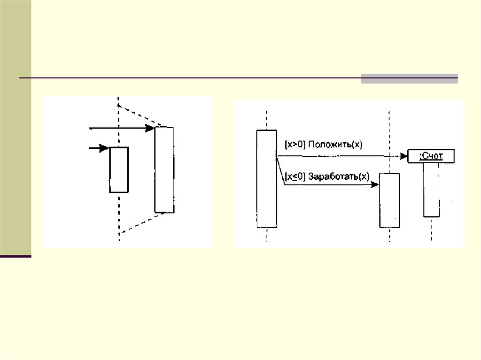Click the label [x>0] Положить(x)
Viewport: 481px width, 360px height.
coord(324,145)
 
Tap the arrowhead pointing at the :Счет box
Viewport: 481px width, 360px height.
coord(404,156)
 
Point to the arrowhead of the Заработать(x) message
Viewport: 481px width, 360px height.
coord(375,185)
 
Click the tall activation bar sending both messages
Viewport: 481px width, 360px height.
coord(266,178)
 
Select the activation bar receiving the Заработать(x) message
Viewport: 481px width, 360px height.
coord(389,200)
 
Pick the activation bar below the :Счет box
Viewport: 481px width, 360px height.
coord(431,190)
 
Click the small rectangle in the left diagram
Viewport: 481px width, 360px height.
coord(119,169)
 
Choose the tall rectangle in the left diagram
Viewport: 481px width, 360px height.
coord(164,169)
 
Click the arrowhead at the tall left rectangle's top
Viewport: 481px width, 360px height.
coord(150,128)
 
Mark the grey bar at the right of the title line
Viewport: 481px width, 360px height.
coord(409,78)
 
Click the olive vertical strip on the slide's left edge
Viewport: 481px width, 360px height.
coord(16,127)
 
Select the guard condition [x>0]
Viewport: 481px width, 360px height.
coord(295,145)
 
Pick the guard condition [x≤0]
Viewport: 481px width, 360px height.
coord(295,176)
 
